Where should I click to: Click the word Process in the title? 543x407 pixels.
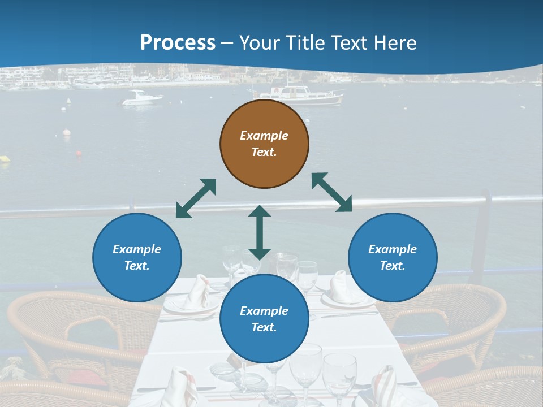click(x=178, y=42)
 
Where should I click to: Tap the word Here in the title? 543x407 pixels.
click(x=394, y=42)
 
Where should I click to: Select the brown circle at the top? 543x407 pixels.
click(x=264, y=144)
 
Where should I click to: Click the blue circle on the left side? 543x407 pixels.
click(x=137, y=257)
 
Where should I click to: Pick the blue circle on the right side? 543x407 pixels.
click(x=393, y=257)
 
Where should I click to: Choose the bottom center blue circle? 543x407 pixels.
click(x=264, y=319)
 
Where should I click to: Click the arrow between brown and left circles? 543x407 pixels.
click(x=196, y=198)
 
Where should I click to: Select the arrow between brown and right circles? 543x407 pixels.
click(x=331, y=192)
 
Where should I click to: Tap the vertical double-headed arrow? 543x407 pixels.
click(x=260, y=232)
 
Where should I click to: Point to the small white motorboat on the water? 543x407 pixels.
click(x=142, y=98)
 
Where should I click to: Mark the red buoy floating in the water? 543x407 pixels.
click(x=79, y=153)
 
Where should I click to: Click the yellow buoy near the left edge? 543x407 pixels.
click(x=5, y=159)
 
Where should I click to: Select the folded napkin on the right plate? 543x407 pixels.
click(x=341, y=287)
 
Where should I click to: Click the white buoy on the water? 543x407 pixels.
click(x=67, y=133)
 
